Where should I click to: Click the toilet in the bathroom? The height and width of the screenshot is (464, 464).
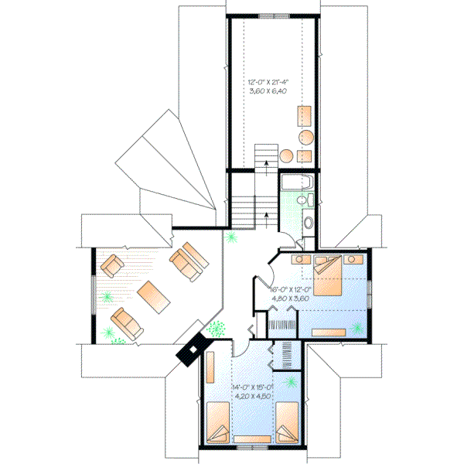tap(308, 222)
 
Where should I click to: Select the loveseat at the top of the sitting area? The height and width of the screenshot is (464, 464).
tap(188, 260)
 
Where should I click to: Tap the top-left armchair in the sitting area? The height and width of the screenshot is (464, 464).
tap(111, 266)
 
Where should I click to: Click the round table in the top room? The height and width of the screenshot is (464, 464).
tap(305, 138)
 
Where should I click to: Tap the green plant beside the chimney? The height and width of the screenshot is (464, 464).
tap(216, 328)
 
